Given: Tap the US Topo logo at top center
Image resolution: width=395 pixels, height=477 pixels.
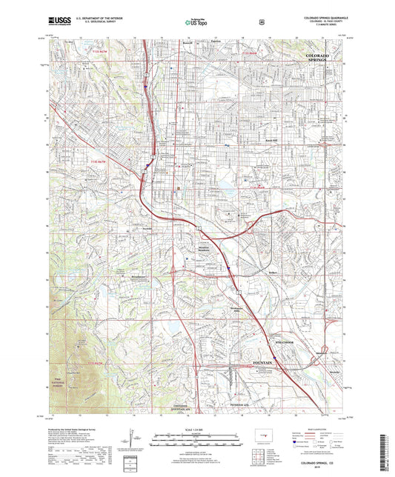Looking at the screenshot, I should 196,23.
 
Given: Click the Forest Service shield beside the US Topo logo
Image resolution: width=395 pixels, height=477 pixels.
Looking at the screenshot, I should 261,23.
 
